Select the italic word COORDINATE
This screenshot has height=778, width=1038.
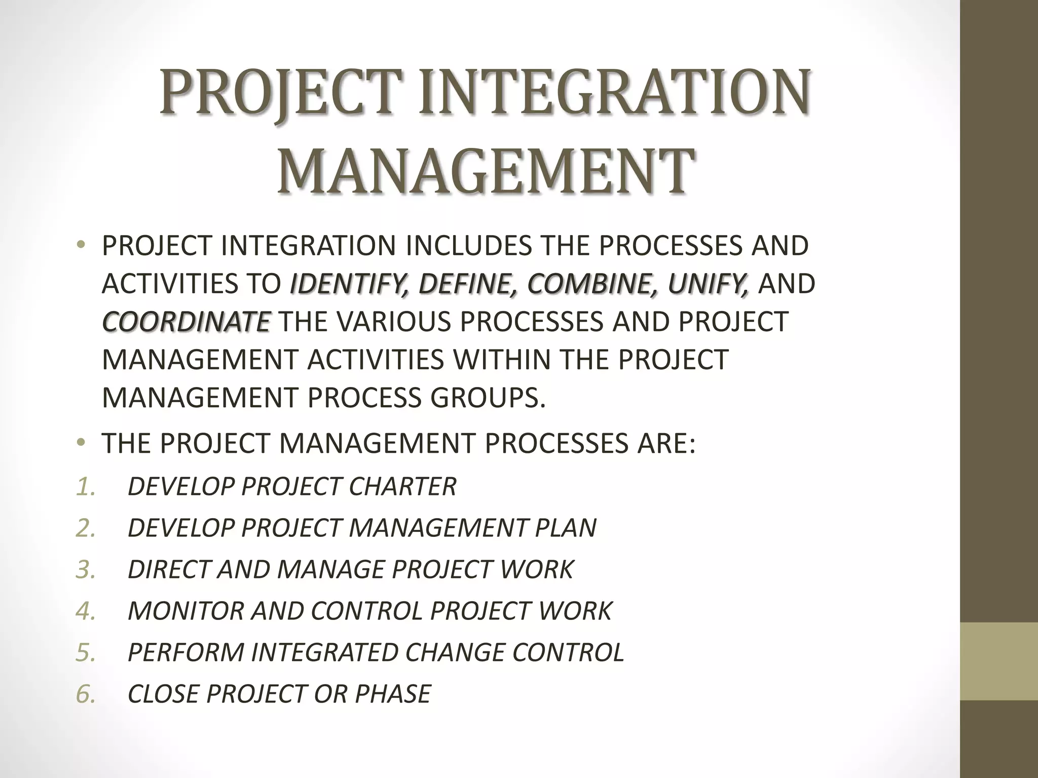(186, 322)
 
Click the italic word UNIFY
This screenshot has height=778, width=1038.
(708, 284)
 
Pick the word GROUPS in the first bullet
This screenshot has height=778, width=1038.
(488, 398)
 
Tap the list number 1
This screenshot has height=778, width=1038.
(85, 486)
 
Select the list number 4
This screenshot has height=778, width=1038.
(85, 611)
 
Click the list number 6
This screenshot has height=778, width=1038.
(85, 694)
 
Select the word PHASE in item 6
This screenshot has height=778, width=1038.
(393, 694)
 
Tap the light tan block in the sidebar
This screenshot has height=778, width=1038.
(999, 662)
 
